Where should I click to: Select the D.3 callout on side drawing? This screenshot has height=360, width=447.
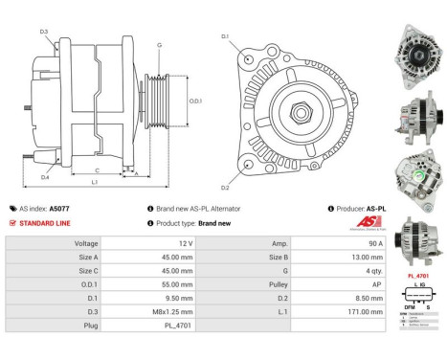[x=44, y=33]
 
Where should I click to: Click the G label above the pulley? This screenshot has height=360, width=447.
[x=159, y=45]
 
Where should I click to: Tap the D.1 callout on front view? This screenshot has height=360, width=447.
[x=225, y=37]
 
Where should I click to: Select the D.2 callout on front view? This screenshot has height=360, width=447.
[x=225, y=188]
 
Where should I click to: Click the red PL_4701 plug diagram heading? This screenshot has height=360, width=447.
[x=417, y=276]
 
